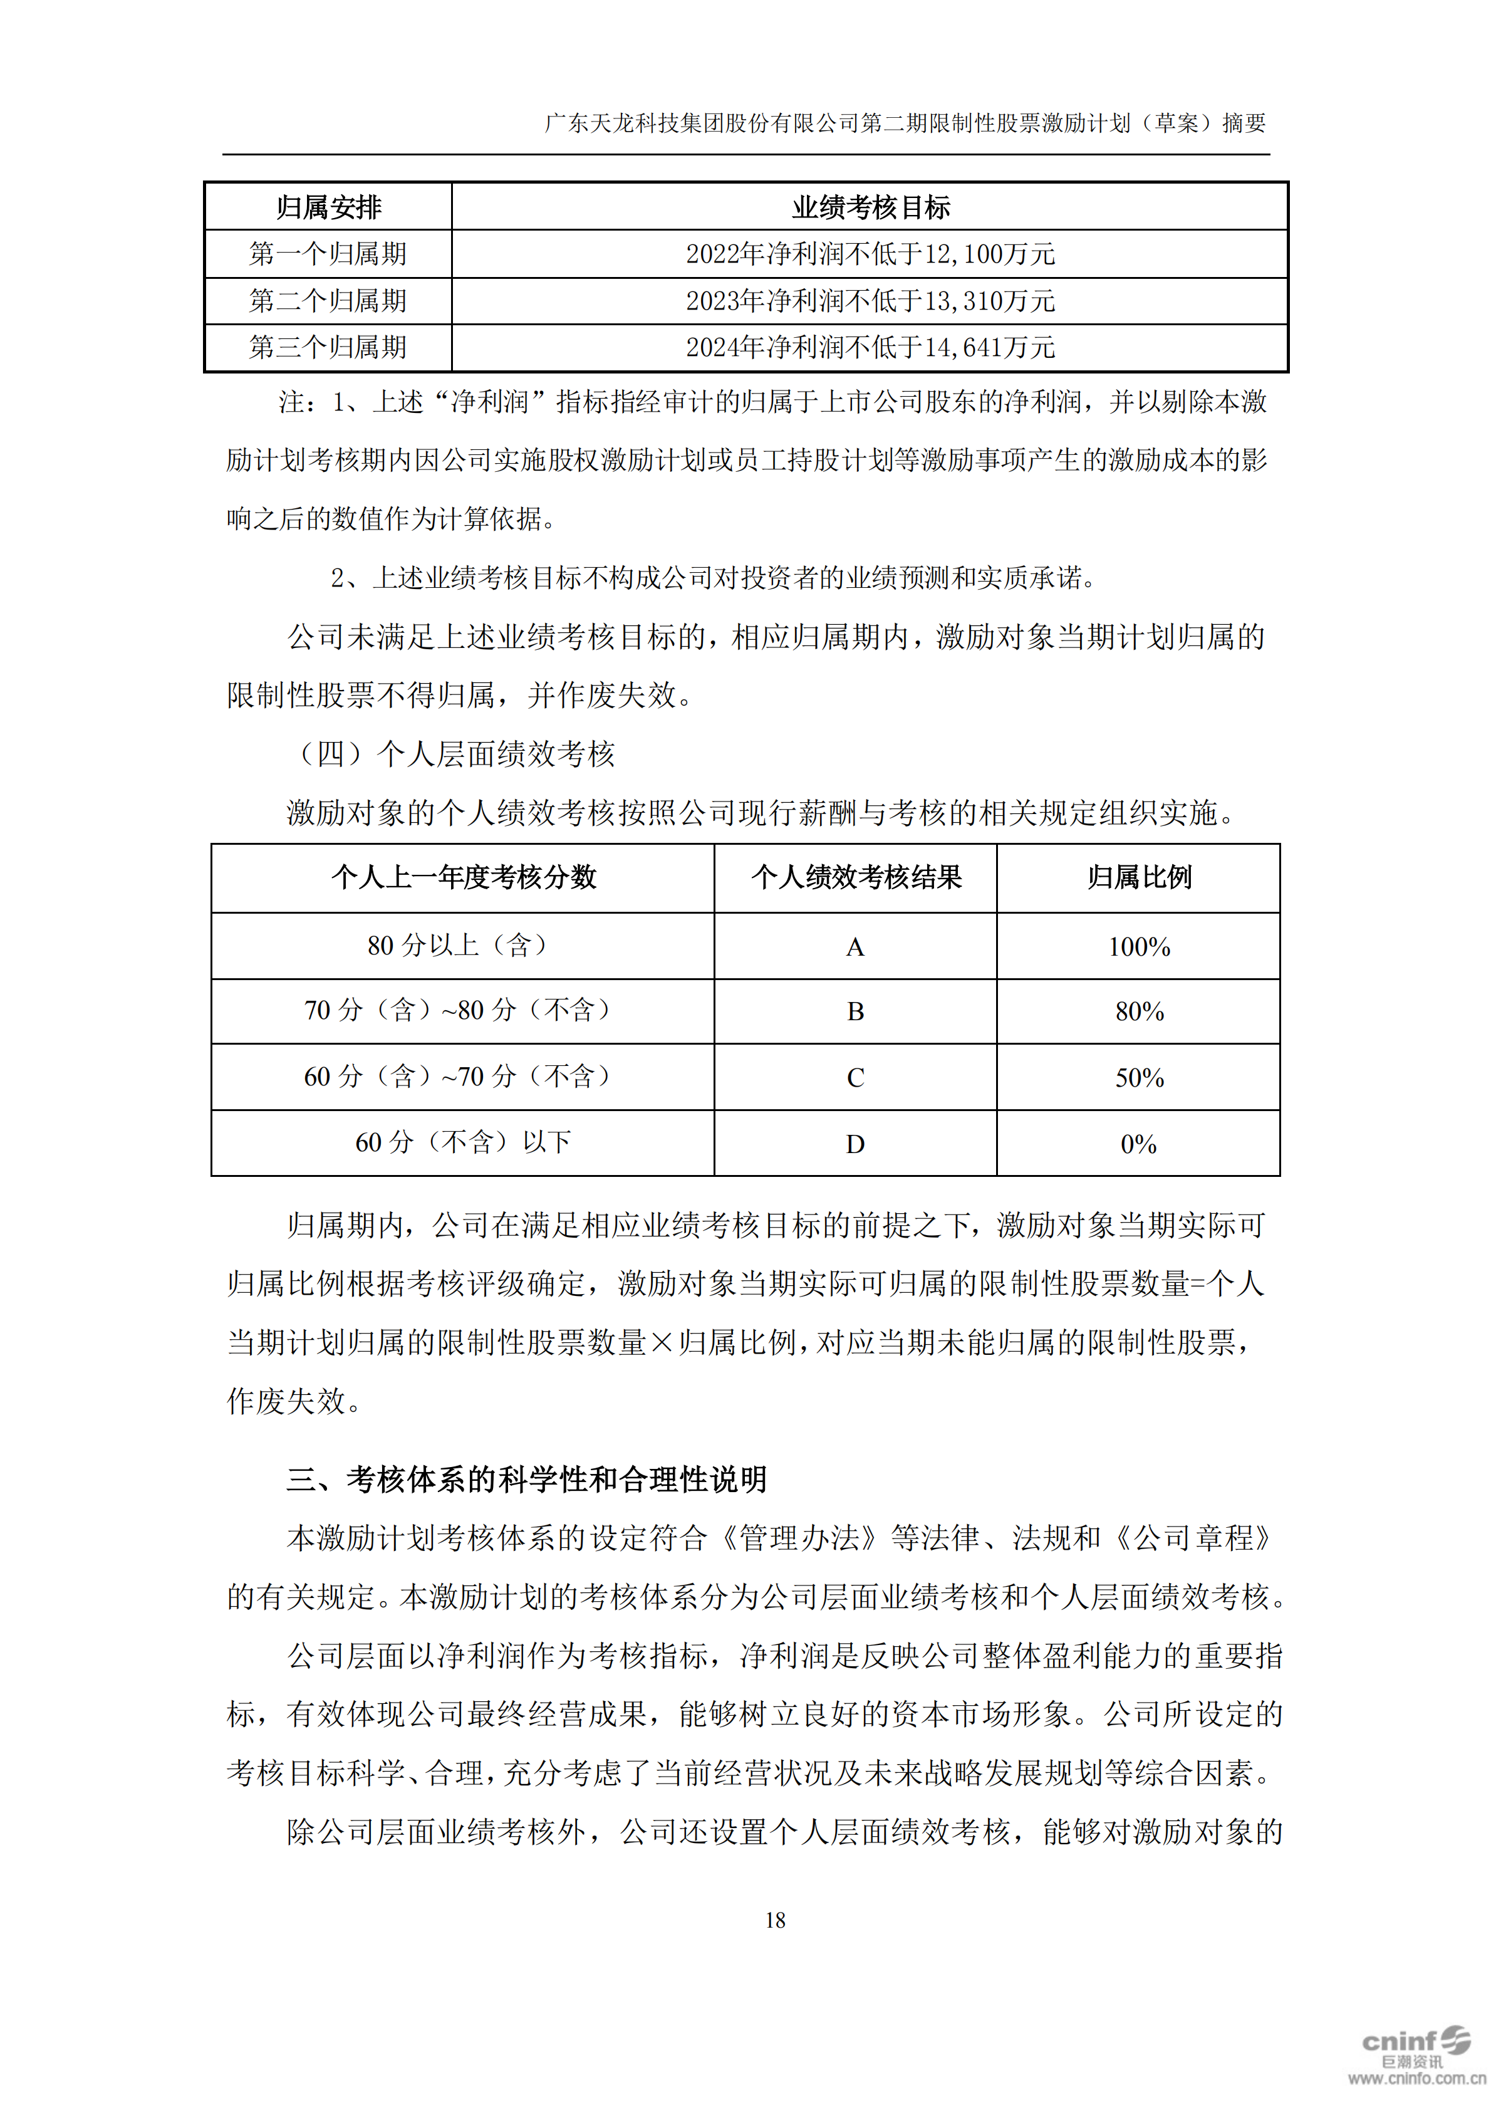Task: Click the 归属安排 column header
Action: (328, 207)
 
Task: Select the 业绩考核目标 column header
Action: (870, 207)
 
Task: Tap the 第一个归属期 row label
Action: (328, 254)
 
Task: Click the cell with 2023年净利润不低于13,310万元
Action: (870, 301)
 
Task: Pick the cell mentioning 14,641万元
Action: (870, 347)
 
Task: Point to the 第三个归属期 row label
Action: (328, 347)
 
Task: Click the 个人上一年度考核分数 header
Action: (463, 877)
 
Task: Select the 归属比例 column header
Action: (1138, 877)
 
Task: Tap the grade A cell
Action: (855, 946)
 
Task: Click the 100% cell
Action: (1138, 946)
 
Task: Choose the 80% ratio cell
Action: (1138, 1012)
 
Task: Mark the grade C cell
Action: (855, 1077)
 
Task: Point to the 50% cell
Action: (1138, 1077)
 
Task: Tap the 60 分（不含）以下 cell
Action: (463, 1142)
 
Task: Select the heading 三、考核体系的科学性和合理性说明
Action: (526, 1480)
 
